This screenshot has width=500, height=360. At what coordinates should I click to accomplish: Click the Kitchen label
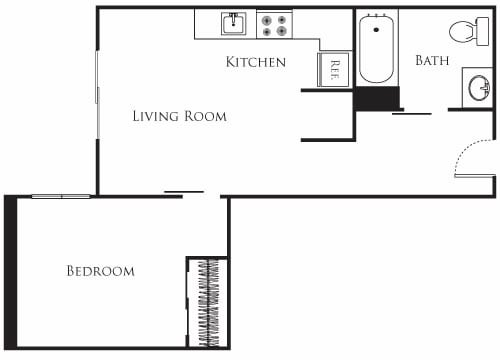click(256, 62)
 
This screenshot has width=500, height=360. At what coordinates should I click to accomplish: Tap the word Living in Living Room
click(156, 116)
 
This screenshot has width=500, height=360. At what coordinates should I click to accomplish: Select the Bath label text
click(431, 60)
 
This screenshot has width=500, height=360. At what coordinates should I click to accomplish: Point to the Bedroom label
click(100, 271)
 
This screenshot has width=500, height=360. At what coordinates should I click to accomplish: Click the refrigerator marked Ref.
click(332, 69)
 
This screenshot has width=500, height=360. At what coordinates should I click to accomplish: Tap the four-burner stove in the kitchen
click(273, 24)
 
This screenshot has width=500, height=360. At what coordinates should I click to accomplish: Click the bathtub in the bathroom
click(377, 48)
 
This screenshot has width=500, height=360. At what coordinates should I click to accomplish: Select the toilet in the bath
click(464, 31)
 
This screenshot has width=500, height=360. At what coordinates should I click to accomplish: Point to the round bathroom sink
click(477, 87)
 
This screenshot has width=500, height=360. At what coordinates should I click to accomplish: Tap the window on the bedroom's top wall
click(61, 196)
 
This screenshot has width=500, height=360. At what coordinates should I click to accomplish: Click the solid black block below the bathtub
click(377, 98)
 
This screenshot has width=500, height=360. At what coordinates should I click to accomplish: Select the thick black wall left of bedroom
click(10, 272)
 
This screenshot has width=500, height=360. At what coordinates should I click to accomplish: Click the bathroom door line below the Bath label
click(411, 114)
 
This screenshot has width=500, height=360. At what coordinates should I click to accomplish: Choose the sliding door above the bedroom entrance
click(184, 191)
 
